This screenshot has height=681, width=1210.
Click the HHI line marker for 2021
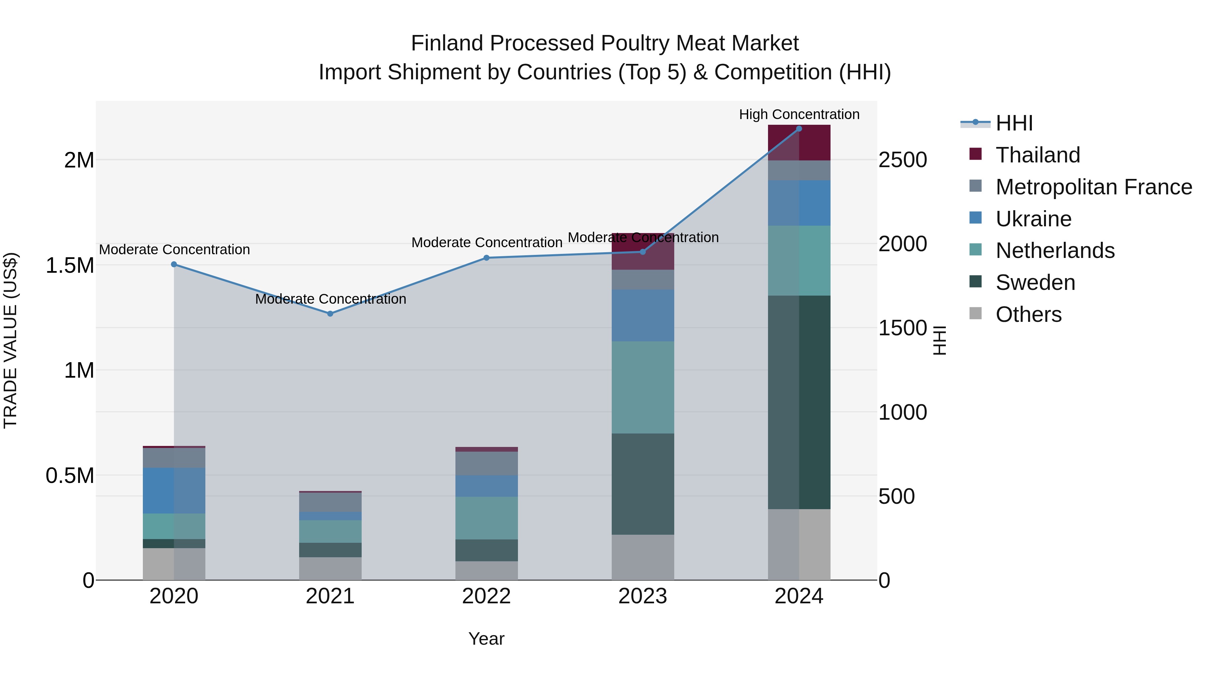330,313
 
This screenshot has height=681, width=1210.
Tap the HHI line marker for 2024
799,129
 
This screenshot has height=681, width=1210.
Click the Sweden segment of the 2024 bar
799,402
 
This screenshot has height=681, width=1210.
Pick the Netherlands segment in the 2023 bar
643,387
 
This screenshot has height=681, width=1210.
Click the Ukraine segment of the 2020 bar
174,490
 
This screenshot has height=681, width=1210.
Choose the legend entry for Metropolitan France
1093,187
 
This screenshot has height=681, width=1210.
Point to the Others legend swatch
976,313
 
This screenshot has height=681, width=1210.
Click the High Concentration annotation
799,114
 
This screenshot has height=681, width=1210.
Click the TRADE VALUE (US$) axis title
10,340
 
